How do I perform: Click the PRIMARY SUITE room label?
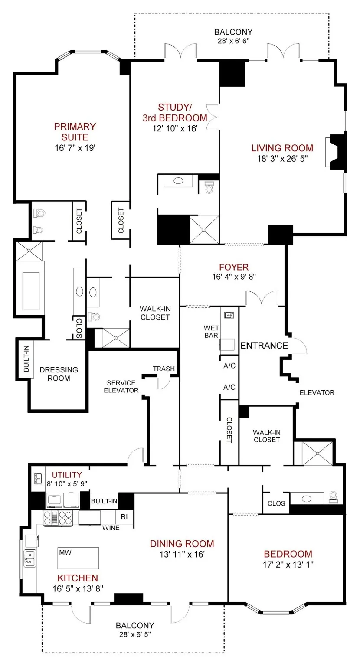pos(75,132)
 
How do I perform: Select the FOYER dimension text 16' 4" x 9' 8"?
pos(234,277)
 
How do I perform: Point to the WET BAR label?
pos(211,332)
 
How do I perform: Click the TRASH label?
pos(164,369)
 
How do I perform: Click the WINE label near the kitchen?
pos(111,528)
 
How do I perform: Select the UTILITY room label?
pos(66,475)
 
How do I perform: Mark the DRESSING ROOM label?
pos(59,374)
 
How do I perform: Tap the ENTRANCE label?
pos(264,346)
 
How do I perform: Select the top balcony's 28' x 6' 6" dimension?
pos(233,42)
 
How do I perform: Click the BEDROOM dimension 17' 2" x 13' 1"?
pos(288,564)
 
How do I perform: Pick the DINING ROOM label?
pos(182,544)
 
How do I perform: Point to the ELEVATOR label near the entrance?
pos(317,393)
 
